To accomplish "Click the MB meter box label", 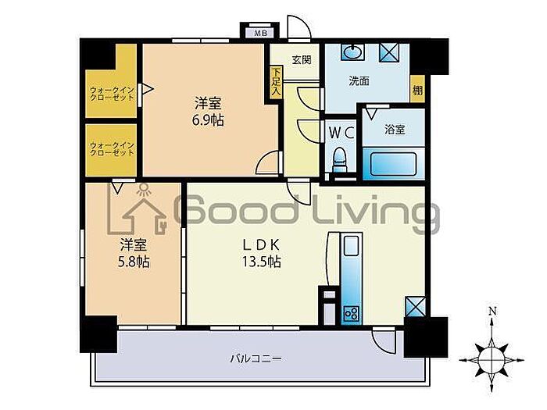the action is (260, 34).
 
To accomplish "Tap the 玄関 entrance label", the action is (302, 60).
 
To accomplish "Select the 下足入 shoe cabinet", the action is (277, 82).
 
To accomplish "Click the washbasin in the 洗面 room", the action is (354, 52).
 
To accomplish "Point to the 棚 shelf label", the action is (417, 91).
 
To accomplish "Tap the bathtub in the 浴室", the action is (394, 164).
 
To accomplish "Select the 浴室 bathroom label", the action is (395, 130).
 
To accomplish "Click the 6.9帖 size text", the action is (208, 120).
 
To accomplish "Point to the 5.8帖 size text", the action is (134, 262).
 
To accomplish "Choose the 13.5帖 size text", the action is (262, 262).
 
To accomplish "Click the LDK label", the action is (262, 245).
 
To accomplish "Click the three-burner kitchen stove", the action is (352, 313).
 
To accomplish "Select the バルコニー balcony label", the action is (256, 358).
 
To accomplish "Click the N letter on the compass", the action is (492, 311).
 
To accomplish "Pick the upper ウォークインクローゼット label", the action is (112, 94).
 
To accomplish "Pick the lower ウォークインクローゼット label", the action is (112, 149).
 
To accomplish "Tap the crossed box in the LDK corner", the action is (415, 306).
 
